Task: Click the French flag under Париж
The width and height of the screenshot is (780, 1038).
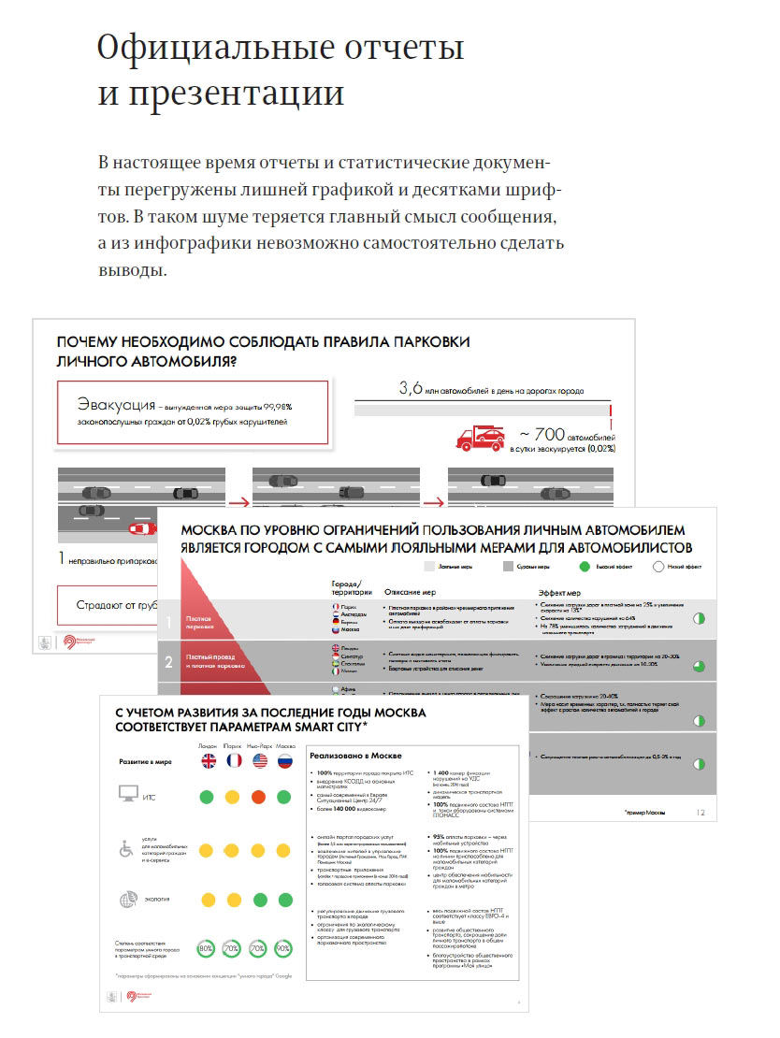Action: click(x=233, y=760)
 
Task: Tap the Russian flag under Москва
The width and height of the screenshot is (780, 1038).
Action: click(x=285, y=760)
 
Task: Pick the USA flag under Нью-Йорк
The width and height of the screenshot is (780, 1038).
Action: click(x=259, y=760)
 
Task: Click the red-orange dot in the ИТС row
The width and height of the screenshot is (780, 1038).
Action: click(x=259, y=798)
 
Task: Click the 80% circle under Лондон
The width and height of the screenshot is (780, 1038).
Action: click(x=206, y=949)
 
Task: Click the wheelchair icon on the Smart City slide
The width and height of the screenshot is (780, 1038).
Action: click(x=127, y=848)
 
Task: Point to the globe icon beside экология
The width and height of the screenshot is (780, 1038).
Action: click(x=127, y=901)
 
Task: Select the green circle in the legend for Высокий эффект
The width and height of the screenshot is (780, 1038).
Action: click(x=585, y=566)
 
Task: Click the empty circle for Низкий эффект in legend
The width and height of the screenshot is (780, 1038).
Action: click(x=657, y=566)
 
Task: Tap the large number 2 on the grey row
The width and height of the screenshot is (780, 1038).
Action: click(x=169, y=662)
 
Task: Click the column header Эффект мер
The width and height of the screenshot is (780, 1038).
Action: click(x=567, y=592)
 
